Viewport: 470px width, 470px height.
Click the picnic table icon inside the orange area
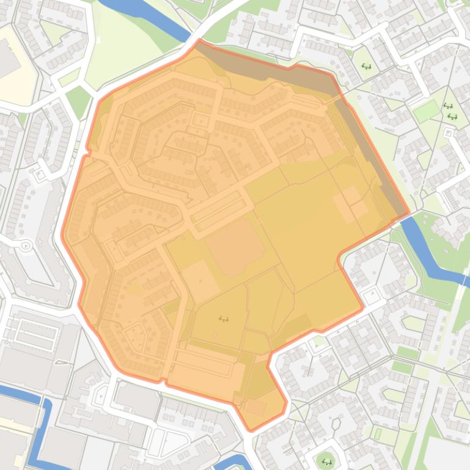[x=224, y=318]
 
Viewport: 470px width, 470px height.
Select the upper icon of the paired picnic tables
[x=449, y=106]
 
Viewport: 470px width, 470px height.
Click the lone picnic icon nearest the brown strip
[x=367, y=66]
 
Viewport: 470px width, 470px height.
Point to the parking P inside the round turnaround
[x=25, y=246]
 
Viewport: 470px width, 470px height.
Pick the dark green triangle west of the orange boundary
[x=78, y=101]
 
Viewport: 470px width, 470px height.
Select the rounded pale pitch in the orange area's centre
[x=235, y=247]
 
